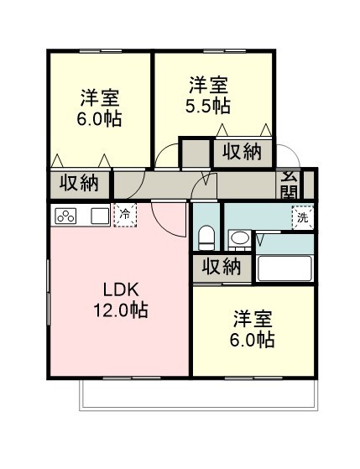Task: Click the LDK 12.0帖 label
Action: (x=121, y=300)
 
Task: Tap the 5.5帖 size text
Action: (x=208, y=106)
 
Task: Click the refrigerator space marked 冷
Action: (x=125, y=215)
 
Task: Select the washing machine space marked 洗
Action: (x=303, y=218)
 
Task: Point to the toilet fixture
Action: (x=206, y=237)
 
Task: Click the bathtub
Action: (x=284, y=268)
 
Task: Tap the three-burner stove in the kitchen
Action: (x=65, y=216)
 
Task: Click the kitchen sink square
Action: (x=100, y=216)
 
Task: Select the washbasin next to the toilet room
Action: (x=239, y=240)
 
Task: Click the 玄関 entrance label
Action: (x=290, y=185)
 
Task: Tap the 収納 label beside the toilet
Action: (x=222, y=267)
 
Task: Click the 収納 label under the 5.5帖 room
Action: (x=242, y=152)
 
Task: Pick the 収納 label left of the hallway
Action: (x=79, y=183)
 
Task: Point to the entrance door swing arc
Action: (x=293, y=149)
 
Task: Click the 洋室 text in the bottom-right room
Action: (x=253, y=319)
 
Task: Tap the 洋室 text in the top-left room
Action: (x=100, y=98)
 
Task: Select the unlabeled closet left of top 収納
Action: (x=196, y=153)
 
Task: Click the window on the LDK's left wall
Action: (x=48, y=292)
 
